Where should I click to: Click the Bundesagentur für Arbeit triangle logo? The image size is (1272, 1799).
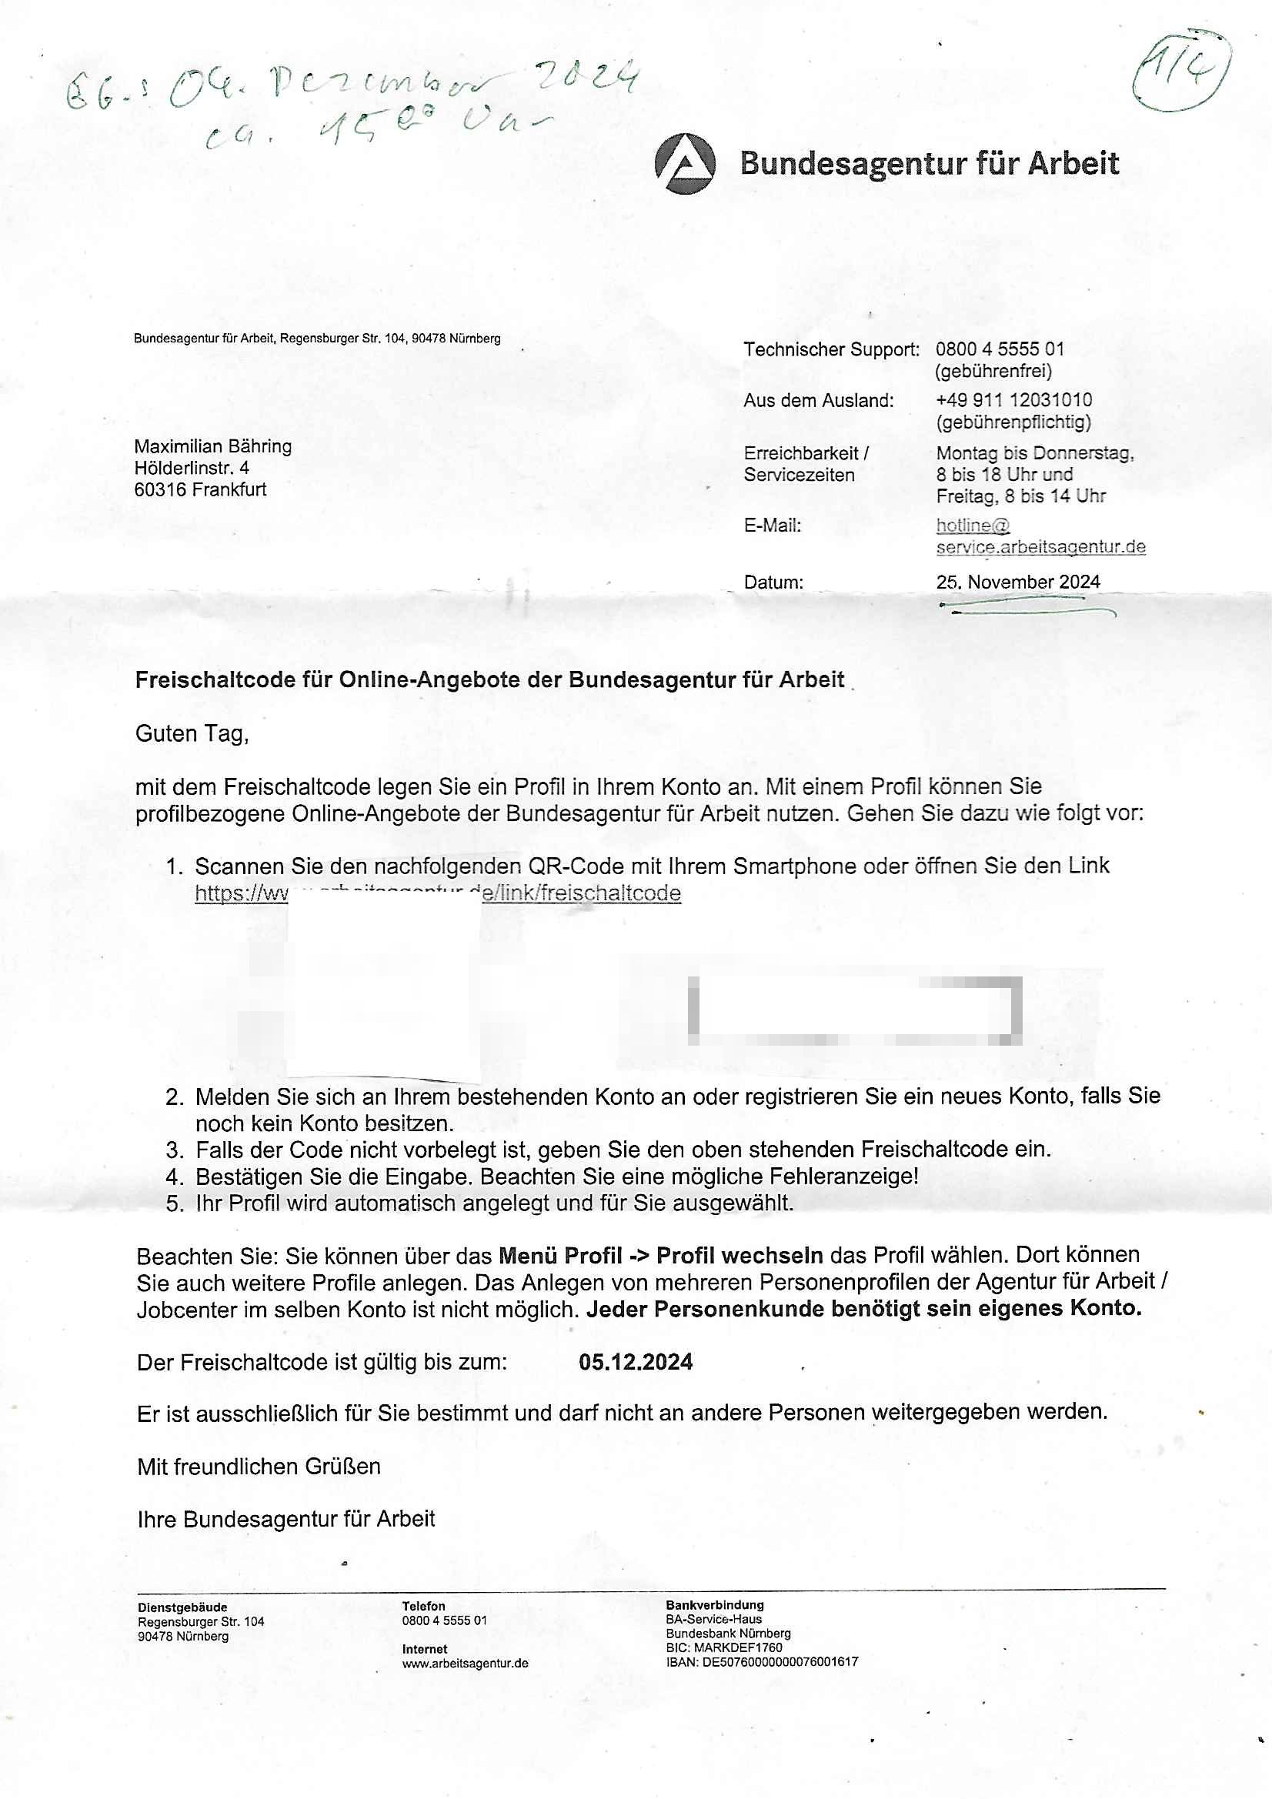click(x=684, y=163)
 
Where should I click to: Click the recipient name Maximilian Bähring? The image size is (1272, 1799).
click(x=213, y=446)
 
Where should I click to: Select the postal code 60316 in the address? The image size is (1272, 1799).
click(x=160, y=489)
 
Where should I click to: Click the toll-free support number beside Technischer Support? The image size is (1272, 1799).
click(x=1000, y=349)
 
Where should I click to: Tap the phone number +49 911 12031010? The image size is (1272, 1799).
click(x=1013, y=400)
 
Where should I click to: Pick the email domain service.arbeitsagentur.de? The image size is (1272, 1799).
click(x=1040, y=547)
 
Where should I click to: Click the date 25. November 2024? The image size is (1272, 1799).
click(x=1017, y=582)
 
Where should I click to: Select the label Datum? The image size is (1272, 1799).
click(x=773, y=583)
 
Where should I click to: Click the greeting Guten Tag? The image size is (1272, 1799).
click(x=192, y=734)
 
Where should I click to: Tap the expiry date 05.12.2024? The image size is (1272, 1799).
click(x=636, y=1362)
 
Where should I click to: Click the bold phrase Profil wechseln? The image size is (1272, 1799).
click(x=739, y=1256)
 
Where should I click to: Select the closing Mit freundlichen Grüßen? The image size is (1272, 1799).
click(x=259, y=1467)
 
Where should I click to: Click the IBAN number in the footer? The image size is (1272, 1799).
click(x=780, y=1662)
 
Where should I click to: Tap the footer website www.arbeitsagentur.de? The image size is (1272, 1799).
click(x=465, y=1664)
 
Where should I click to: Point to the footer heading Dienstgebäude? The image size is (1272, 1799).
click(x=182, y=1608)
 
